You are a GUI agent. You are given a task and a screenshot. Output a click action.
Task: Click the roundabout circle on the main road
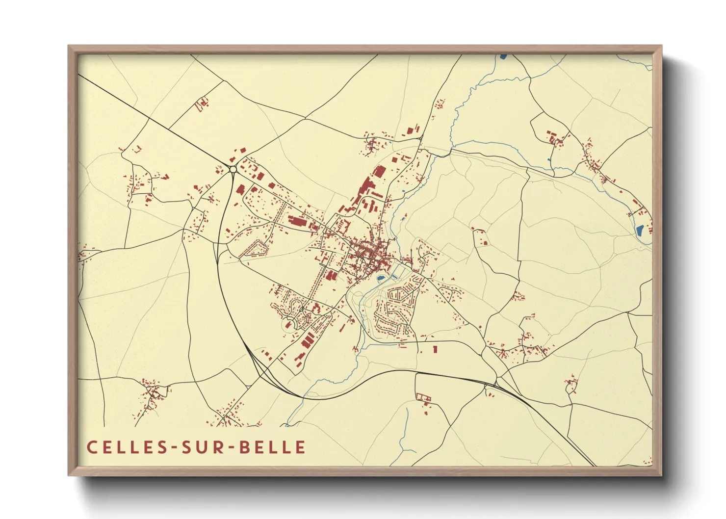(233, 169)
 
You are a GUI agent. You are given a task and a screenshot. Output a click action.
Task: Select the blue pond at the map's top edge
(503, 56)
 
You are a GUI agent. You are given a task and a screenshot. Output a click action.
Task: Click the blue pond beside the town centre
(380, 279)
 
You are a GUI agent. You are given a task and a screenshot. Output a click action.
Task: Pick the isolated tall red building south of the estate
(435, 349)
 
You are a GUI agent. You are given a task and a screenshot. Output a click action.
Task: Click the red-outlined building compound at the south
(423, 397)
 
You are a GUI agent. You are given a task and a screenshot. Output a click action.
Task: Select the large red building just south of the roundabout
(240, 190)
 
